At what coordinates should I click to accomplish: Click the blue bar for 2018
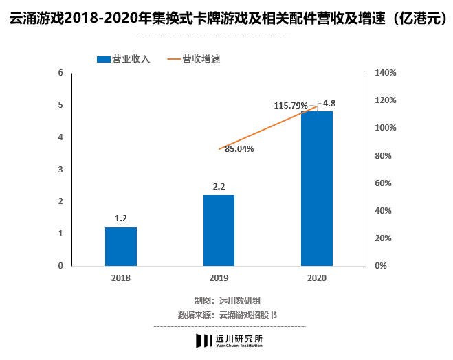121,246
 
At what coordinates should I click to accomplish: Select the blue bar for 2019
219,230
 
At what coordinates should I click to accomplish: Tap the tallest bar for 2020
317,188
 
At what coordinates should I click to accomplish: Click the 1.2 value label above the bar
121,218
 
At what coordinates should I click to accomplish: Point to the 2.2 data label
219,186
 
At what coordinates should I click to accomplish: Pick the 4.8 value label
329,104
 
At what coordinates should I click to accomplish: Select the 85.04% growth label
239,148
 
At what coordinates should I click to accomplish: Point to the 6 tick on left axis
60,73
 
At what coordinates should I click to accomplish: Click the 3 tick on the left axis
60,169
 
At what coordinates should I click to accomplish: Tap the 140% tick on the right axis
386,73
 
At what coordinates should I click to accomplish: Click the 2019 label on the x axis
219,278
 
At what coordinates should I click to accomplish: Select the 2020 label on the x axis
317,278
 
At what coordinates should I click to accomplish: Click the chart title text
226,19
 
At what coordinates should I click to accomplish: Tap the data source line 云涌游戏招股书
227,315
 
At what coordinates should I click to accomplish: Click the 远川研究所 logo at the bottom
229,340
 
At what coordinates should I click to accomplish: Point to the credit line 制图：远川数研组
227,300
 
